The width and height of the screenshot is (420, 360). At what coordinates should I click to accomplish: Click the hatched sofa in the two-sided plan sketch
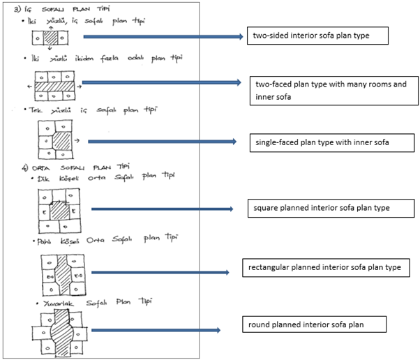click(x=48, y=38)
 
